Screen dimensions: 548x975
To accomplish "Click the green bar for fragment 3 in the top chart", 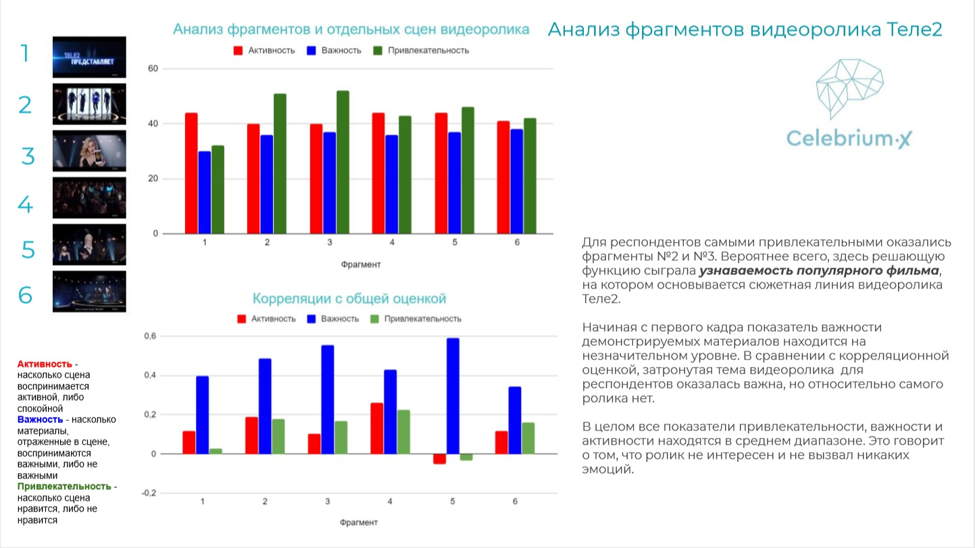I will pyautogui.click(x=343, y=162).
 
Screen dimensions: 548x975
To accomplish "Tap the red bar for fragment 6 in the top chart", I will pyautogui.click(x=503, y=177).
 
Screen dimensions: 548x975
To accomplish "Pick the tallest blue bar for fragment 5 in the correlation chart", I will pyautogui.click(x=453, y=396).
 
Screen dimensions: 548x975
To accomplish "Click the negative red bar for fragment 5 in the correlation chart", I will pyautogui.click(x=439, y=459).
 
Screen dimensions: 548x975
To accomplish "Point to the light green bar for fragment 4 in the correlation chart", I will pyautogui.click(x=403, y=432).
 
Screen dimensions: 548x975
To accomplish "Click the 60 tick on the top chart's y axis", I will pyautogui.click(x=153, y=69).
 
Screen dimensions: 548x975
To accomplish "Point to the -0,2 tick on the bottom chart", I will pyautogui.click(x=147, y=493).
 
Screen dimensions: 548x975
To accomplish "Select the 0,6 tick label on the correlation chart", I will pyautogui.click(x=149, y=337).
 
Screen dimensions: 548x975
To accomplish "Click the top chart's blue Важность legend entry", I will pyautogui.click(x=334, y=51).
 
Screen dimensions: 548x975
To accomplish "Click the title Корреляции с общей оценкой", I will pyautogui.click(x=349, y=299).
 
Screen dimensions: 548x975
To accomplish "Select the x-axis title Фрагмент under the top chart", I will pyautogui.click(x=360, y=264).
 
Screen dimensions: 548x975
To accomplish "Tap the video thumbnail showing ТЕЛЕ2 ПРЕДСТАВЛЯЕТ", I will pyautogui.click(x=89, y=57).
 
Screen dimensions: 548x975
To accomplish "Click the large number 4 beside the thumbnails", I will pyautogui.click(x=26, y=203).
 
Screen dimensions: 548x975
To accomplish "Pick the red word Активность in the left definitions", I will pyautogui.click(x=45, y=364).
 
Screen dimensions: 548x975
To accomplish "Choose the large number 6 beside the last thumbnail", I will pyautogui.click(x=26, y=295).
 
